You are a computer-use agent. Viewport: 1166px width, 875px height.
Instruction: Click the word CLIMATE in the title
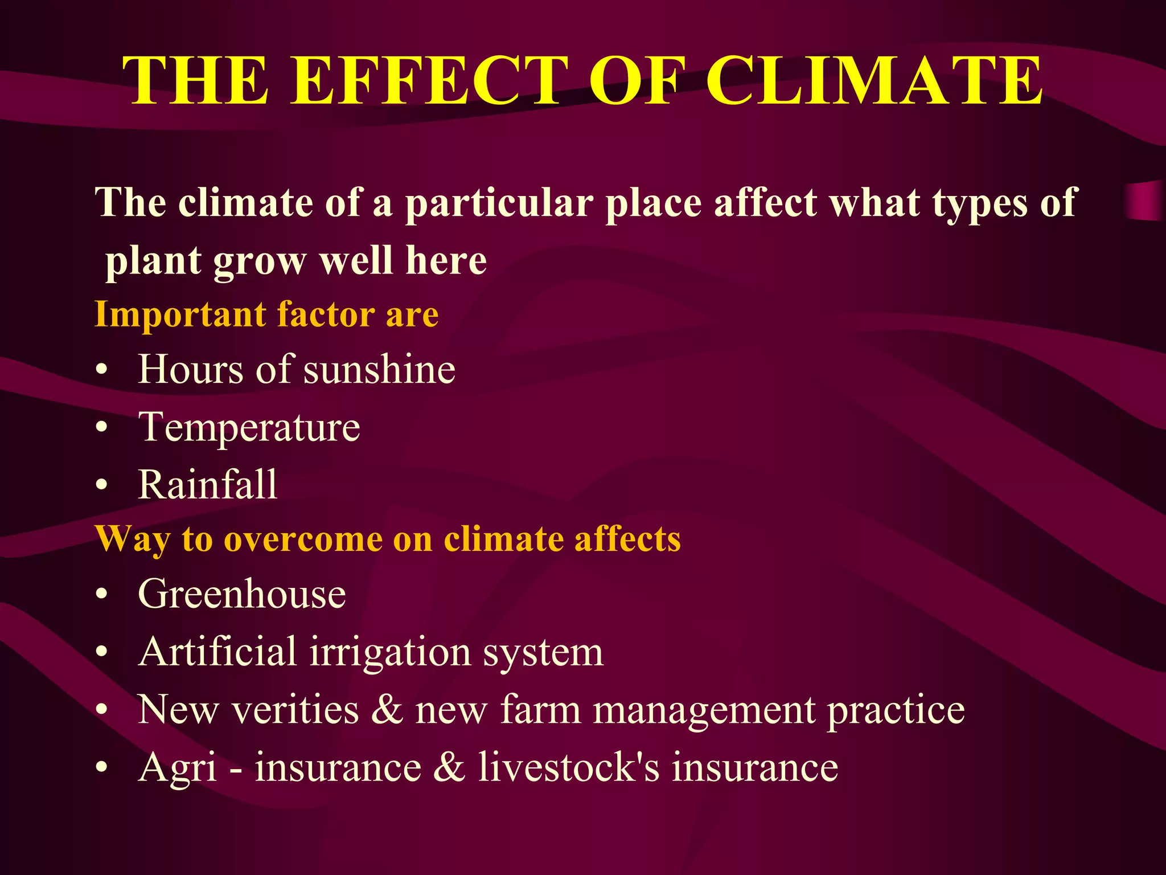coord(874,81)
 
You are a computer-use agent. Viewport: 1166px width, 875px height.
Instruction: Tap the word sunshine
coord(379,370)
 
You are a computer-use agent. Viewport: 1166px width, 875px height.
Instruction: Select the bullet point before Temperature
coord(102,428)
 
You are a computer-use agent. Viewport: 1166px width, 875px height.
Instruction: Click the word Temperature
coord(249,428)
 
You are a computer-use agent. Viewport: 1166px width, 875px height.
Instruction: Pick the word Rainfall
coord(207,485)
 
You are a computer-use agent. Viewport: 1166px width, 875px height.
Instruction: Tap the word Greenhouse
coord(241,594)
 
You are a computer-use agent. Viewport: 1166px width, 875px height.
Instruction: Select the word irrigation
coord(390,652)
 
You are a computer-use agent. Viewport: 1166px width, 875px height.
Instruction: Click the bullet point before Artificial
coord(102,652)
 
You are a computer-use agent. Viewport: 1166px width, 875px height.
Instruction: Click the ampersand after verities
coord(387,710)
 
